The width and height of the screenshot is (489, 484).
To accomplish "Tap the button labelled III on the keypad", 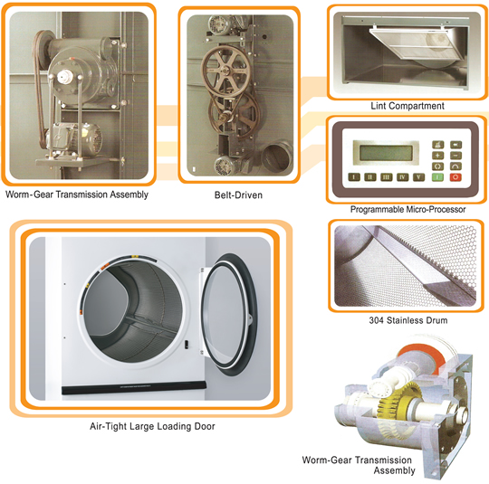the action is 386,177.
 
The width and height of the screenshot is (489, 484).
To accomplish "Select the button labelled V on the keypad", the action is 418,177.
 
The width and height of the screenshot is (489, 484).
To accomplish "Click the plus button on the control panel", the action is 437,156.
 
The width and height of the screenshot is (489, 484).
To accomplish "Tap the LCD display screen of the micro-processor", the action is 386,153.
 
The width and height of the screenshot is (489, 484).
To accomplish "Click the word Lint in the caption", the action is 378,106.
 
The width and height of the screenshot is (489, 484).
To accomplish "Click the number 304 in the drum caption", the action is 376,320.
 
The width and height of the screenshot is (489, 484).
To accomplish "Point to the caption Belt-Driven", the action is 238,195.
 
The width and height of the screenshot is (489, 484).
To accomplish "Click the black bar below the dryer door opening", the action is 134,387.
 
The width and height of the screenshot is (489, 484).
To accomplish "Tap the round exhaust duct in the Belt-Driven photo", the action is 277,157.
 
